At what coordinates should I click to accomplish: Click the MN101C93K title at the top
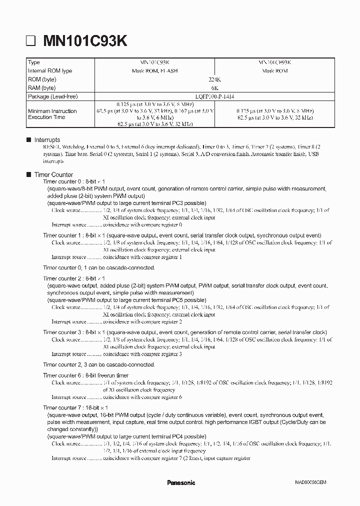click(x=84, y=41)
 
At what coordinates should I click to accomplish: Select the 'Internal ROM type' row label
click(x=50, y=71)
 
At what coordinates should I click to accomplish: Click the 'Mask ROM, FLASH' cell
click(x=158, y=71)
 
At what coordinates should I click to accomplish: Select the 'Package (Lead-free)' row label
click(x=53, y=96)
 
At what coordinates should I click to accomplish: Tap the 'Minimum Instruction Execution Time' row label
click(x=52, y=114)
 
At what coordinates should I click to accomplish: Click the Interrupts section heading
click(x=47, y=140)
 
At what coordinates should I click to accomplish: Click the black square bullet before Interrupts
click(x=28, y=140)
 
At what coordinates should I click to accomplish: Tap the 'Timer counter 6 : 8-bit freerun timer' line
click(x=85, y=375)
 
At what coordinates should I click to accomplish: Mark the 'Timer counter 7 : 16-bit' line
click(x=75, y=407)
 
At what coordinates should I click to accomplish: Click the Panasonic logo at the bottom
click(x=180, y=482)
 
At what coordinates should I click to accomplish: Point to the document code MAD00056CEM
click(x=310, y=483)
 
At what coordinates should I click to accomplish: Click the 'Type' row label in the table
click(x=34, y=62)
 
